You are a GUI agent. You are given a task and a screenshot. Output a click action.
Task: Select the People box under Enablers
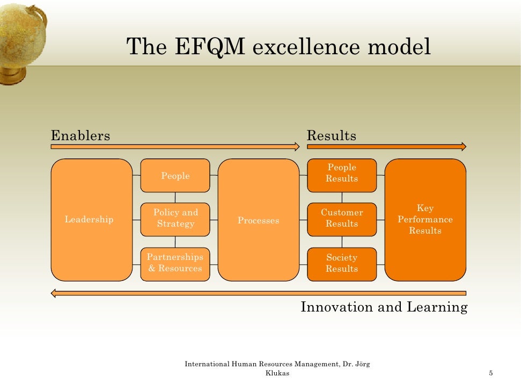(x=175, y=176)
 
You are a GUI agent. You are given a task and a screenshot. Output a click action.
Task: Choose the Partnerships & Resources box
(x=175, y=264)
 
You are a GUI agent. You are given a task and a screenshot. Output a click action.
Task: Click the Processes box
(x=258, y=220)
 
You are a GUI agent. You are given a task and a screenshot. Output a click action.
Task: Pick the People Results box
(x=342, y=174)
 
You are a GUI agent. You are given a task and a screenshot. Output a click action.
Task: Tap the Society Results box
(x=342, y=264)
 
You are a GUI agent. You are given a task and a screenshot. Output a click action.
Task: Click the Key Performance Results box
(x=425, y=220)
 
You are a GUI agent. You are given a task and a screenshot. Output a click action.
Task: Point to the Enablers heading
(x=80, y=136)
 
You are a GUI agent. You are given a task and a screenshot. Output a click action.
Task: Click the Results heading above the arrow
(x=331, y=136)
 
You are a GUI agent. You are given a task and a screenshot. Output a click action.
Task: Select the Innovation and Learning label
(x=384, y=307)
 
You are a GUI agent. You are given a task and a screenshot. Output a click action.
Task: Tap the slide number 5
(x=491, y=374)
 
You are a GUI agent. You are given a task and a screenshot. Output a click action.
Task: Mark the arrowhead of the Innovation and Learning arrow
(x=54, y=293)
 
